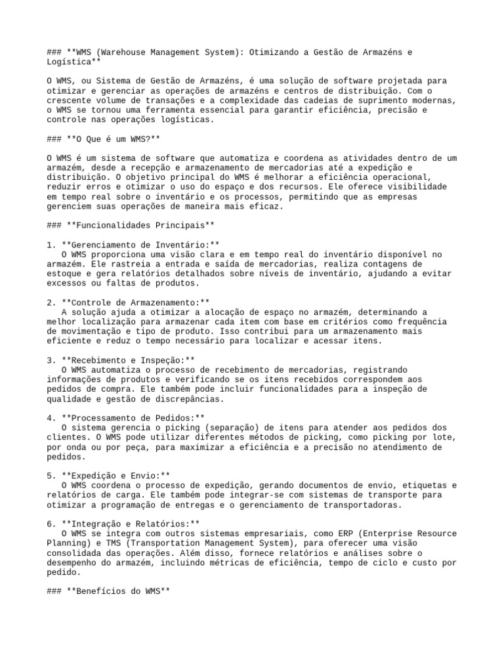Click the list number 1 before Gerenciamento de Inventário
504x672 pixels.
(x=50, y=244)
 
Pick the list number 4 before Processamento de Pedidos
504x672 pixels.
(x=50, y=417)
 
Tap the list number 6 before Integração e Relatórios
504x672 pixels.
(x=50, y=524)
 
